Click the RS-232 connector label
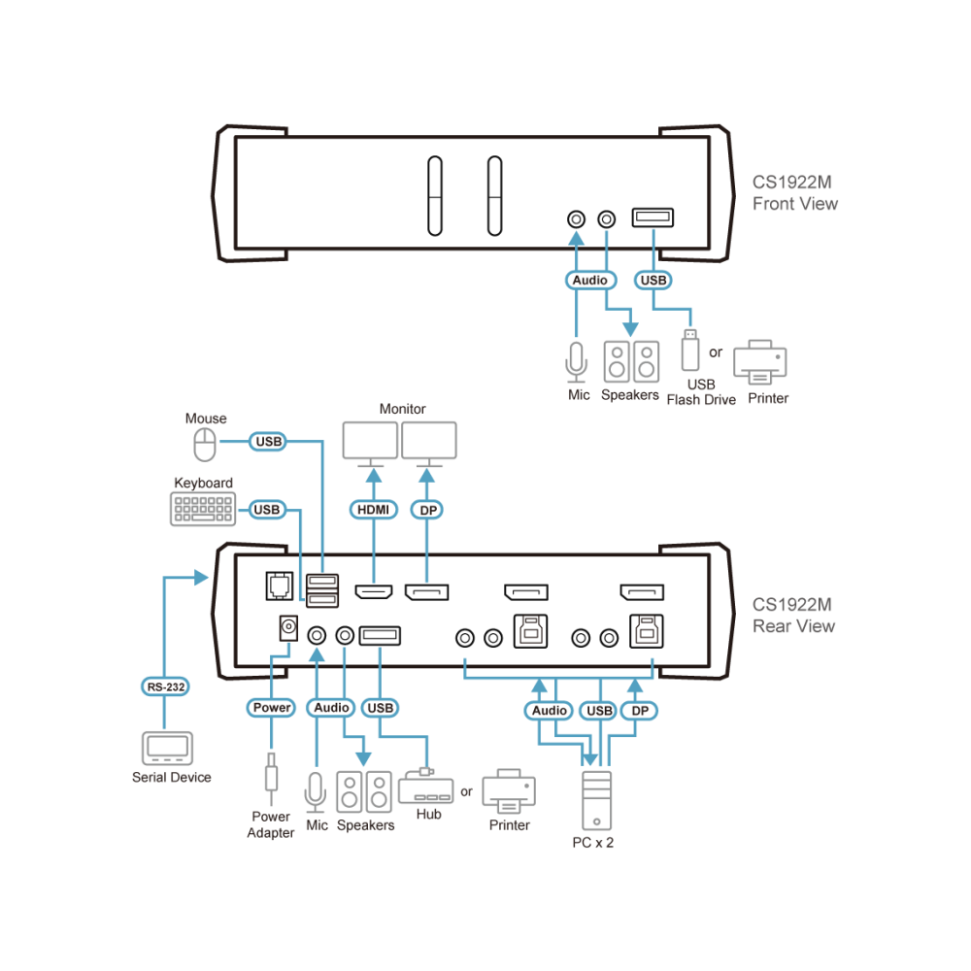[x=165, y=686]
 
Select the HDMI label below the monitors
[x=374, y=510]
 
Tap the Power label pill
[x=271, y=707]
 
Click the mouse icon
[x=205, y=445]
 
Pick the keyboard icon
[x=203, y=509]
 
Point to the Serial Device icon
[x=167, y=749]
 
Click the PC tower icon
[x=597, y=801]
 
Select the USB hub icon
[x=426, y=787]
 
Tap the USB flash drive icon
[x=689, y=350]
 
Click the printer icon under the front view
[x=760, y=362]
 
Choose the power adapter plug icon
[x=271, y=777]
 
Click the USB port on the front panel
[x=653, y=218]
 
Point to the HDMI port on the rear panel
[x=374, y=592]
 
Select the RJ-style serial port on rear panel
[x=280, y=586]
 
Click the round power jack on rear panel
[x=288, y=628]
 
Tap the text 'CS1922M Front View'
[x=794, y=193]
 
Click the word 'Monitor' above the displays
[x=403, y=409]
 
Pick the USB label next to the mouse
[x=268, y=442]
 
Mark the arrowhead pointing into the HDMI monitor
[x=374, y=476]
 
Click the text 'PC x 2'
[x=592, y=843]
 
